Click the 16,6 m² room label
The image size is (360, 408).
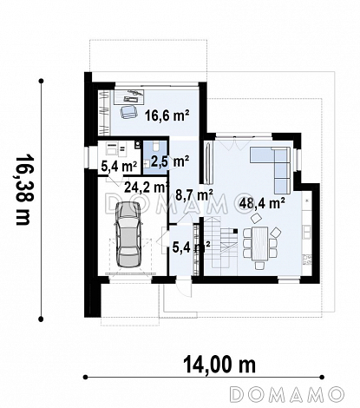click(167, 115)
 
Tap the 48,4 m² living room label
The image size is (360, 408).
click(261, 203)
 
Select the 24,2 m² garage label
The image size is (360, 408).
click(146, 188)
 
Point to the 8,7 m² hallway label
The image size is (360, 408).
click(194, 194)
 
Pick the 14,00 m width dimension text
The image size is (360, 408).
click(219, 365)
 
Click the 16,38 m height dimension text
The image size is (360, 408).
click(23, 190)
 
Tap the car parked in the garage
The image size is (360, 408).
click(128, 234)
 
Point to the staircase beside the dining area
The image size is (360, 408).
click(221, 242)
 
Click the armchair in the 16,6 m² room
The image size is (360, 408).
click(128, 111)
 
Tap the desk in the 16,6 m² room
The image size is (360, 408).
click(128, 96)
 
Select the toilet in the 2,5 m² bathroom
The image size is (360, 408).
click(156, 147)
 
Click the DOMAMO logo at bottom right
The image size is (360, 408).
click(286, 394)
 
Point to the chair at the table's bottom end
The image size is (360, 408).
click(259, 265)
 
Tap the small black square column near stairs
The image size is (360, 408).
click(235, 231)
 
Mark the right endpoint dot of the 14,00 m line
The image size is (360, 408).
click(322, 377)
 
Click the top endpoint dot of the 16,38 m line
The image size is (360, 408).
click(42, 81)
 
